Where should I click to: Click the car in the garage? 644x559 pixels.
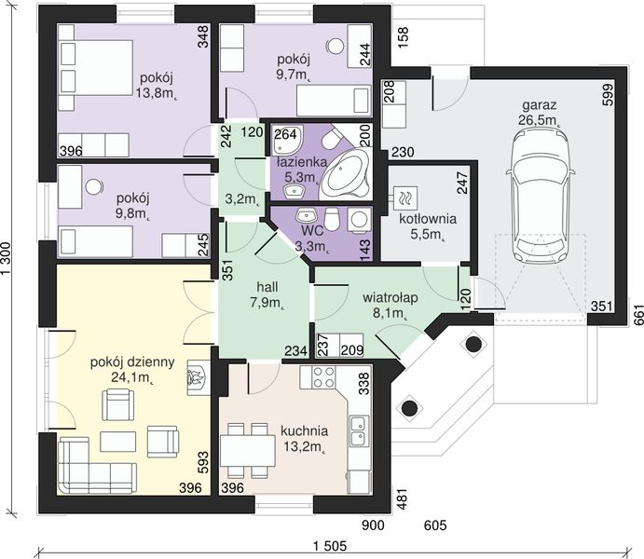tap(540, 196)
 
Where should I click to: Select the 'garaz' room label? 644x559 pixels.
tap(540, 105)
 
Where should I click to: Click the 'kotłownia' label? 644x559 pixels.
tap(428, 218)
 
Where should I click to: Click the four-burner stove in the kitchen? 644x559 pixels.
tap(323, 377)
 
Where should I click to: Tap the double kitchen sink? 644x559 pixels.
tap(358, 431)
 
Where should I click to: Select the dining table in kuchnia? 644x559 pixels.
tap(248, 450)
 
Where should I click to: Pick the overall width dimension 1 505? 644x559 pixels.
tap(330, 546)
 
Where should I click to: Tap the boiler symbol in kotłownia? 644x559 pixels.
tap(405, 198)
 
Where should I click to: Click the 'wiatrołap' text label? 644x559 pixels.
tap(391, 297)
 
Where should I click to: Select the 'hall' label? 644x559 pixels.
tap(267, 286)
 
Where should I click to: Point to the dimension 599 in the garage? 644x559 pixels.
tap(608, 94)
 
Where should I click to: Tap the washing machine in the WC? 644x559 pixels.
tap(359, 220)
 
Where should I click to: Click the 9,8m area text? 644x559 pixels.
tap(132, 214)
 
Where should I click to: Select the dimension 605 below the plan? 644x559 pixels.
tap(435, 525)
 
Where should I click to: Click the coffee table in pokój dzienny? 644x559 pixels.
tap(117, 442)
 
